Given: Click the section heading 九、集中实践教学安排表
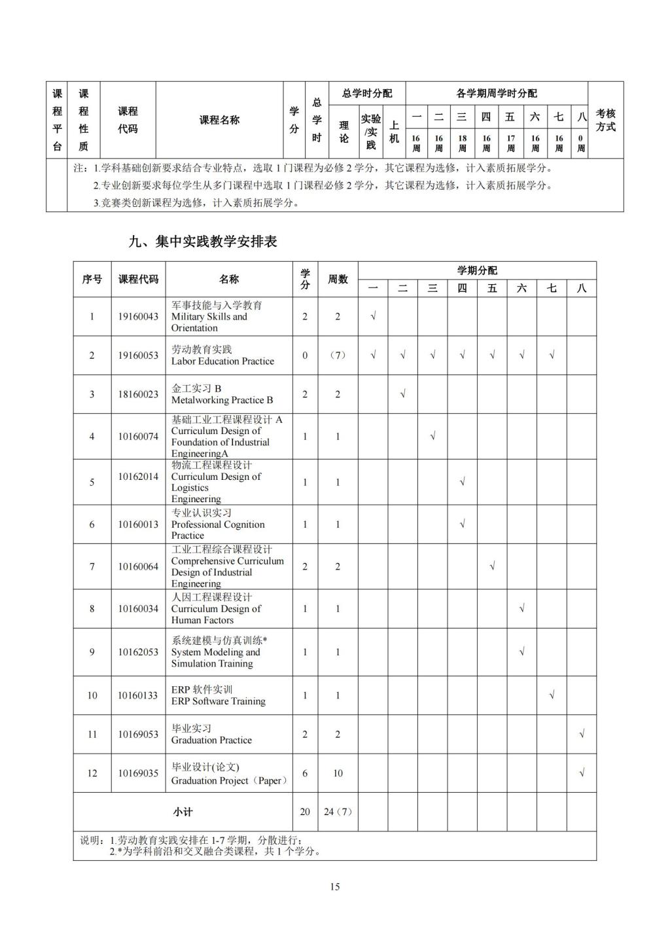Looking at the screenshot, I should coord(203,242).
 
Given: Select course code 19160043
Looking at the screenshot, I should coord(138,316).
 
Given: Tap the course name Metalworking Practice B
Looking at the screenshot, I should coord(222,400).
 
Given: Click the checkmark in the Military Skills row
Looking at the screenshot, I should coord(373,316).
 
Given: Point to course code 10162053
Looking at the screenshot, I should coord(138,652).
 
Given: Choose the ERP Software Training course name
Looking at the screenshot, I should coord(218,701).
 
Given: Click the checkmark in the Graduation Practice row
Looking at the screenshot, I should coord(582,734).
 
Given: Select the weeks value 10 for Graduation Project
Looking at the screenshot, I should coord(338,773).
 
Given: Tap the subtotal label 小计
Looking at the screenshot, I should coord(183,812).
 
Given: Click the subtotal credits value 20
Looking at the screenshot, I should coord(305,812).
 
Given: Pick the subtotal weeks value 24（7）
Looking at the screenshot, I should coord(338,812).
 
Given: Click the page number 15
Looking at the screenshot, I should coord(335,887).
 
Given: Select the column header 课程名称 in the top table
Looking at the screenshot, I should coord(219,120).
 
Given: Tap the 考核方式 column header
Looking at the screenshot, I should coord(605,120).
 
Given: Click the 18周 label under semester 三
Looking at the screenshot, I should coord(462,143).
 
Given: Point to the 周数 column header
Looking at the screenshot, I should coord(338,280).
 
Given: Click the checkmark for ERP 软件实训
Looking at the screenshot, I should coord(552,695).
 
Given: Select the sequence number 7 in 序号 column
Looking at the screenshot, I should coord(92,566).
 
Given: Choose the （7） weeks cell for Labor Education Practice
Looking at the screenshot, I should coord(338,355).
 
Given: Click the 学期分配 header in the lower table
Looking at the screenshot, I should coord(476,270).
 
